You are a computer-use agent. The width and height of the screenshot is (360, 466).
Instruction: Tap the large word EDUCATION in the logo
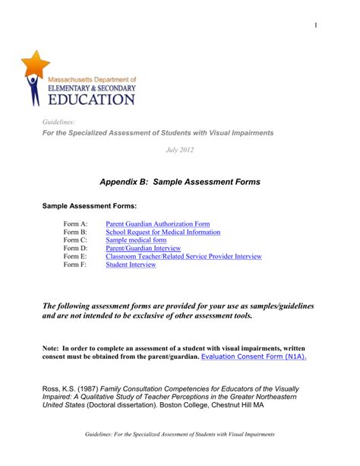(x=92, y=99)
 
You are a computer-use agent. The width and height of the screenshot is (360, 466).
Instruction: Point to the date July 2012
(x=180, y=150)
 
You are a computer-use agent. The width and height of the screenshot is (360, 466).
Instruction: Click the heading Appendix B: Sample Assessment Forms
(x=180, y=182)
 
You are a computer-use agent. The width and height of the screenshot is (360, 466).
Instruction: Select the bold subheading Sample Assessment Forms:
(x=89, y=206)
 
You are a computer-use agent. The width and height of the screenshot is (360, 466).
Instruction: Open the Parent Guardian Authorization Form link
(x=157, y=224)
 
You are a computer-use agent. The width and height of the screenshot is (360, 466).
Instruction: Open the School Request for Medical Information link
(x=163, y=233)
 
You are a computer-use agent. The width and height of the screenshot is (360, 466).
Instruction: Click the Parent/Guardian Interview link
(x=143, y=249)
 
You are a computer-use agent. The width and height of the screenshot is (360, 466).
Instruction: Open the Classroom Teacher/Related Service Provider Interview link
(x=183, y=257)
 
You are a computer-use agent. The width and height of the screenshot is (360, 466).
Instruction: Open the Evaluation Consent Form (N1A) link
(x=254, y=357)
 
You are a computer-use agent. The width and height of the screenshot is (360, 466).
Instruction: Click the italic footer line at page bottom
(x=179, y=455)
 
